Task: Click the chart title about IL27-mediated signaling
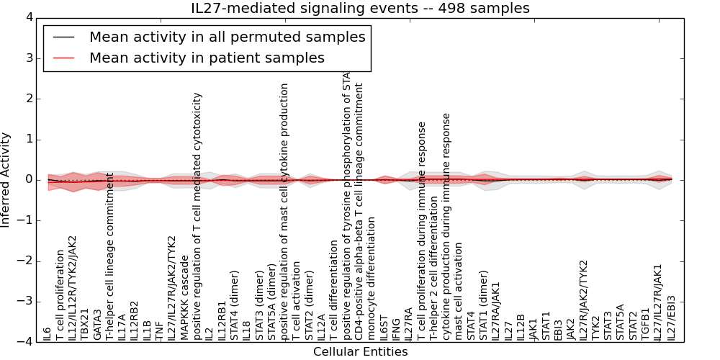click(x=360, y=8)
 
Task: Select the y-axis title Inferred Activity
click(x=6, y=179)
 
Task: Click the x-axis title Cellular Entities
click(x=360, y=352)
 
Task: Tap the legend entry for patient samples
click(x=207, y=58)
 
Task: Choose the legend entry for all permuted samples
click(x=227, y=37)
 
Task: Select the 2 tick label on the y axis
click(x=28, y=99)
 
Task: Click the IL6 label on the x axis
click(x=48, y=333)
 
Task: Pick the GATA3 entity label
click(x=97, y=325)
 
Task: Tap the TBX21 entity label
click(x=85, y=324)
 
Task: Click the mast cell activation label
click(x=459, y=291)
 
